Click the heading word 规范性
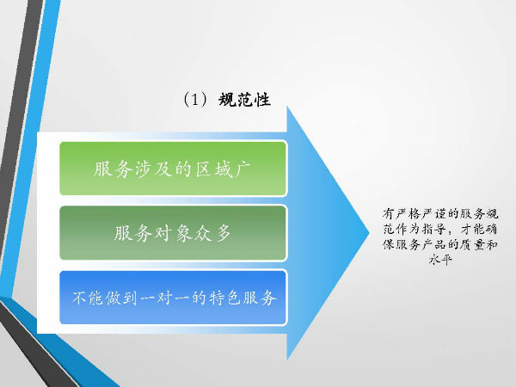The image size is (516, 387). tap(244, 100)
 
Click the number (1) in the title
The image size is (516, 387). tap(195, 100)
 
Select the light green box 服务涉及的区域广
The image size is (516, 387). tap(173, 169)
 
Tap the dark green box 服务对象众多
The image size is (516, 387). tap(173, 233)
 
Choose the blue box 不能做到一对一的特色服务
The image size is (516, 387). tap(173, 298)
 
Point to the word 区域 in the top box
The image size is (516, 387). tap(212, 169)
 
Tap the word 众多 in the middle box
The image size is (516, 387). tap(213, 233)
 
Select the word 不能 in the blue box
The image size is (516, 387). tap(87, 298)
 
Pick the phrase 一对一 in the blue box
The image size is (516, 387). tap(165, 298)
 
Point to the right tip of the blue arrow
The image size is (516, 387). tap(370, 233)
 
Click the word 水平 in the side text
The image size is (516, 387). tap(440, 260)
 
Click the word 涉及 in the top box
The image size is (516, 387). tap(150, 169)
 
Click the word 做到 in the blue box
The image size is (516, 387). tap(121, 298)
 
